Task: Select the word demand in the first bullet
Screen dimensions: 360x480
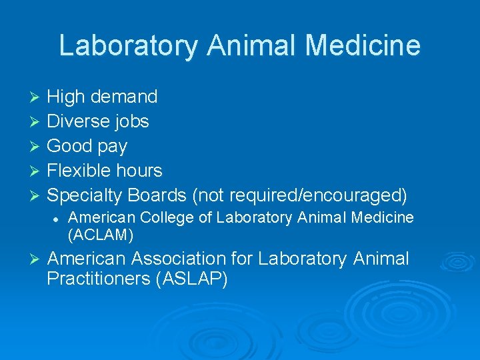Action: click(x=124, y=97)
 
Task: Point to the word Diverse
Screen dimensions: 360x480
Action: click(x=77, y=121)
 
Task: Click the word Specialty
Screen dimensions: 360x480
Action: click(x=85, y=195)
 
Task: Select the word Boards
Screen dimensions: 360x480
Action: click(x=157, y=195)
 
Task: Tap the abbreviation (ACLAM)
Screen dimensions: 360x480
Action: click(x=101, y=234)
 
